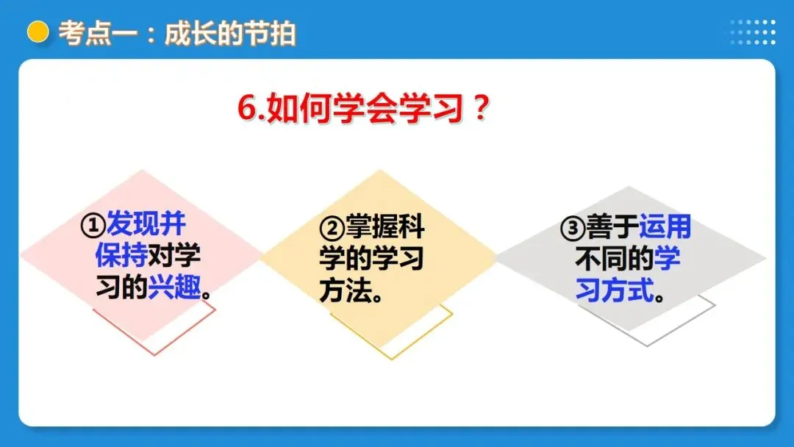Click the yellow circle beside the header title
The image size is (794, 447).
[x=37, y=32]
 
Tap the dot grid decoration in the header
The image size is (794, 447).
[x=753, y=32]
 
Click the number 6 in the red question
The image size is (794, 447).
[x=246, y=110]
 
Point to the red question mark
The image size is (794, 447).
[x=479, y=110]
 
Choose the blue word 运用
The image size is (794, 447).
[x=665, y=228]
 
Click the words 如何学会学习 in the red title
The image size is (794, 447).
[x=364, y=110]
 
